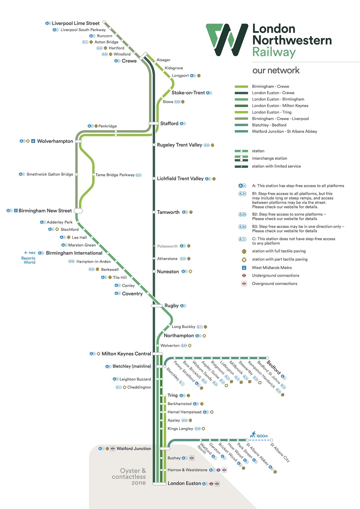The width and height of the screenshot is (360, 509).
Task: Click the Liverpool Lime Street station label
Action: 76,23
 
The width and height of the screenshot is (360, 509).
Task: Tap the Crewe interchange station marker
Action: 143,56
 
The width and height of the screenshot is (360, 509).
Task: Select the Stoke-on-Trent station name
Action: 188,93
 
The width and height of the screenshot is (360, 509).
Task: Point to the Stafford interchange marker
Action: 154,123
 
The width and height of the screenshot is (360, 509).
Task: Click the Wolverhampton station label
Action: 55,141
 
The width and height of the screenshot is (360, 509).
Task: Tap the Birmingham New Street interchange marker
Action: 78,211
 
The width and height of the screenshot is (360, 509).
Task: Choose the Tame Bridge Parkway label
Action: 115,175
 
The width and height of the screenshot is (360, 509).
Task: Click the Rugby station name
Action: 171,306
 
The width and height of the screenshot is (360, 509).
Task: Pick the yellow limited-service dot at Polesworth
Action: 154,246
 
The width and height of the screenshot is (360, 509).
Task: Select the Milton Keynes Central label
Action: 126,354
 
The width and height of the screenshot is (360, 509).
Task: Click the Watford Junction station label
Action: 134,449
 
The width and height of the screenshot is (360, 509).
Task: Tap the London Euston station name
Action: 184,483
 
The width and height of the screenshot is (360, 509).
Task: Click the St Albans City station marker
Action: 271,440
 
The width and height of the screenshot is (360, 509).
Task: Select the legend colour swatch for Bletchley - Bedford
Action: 241,125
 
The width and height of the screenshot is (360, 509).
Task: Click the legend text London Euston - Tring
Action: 271,112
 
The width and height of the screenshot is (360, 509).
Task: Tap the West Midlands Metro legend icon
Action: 244,268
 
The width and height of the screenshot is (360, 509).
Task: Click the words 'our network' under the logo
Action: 276,71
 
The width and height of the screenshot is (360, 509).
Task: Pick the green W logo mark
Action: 227,40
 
